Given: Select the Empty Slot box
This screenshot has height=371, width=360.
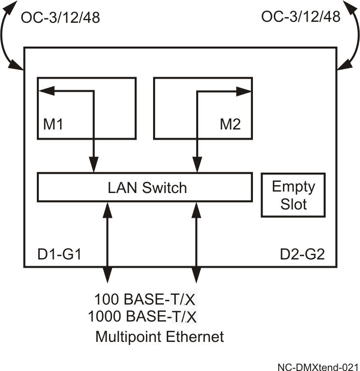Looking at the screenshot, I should (293, 195).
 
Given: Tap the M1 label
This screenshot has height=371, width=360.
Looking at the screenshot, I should (54, 125).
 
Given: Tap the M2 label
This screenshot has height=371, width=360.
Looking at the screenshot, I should (230, 125).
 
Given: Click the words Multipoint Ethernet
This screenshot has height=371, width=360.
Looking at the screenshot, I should (160, 336).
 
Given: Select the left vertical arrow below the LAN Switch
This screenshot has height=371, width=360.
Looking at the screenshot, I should (107, 242).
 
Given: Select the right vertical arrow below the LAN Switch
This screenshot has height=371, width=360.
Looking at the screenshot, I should (196, 242).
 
